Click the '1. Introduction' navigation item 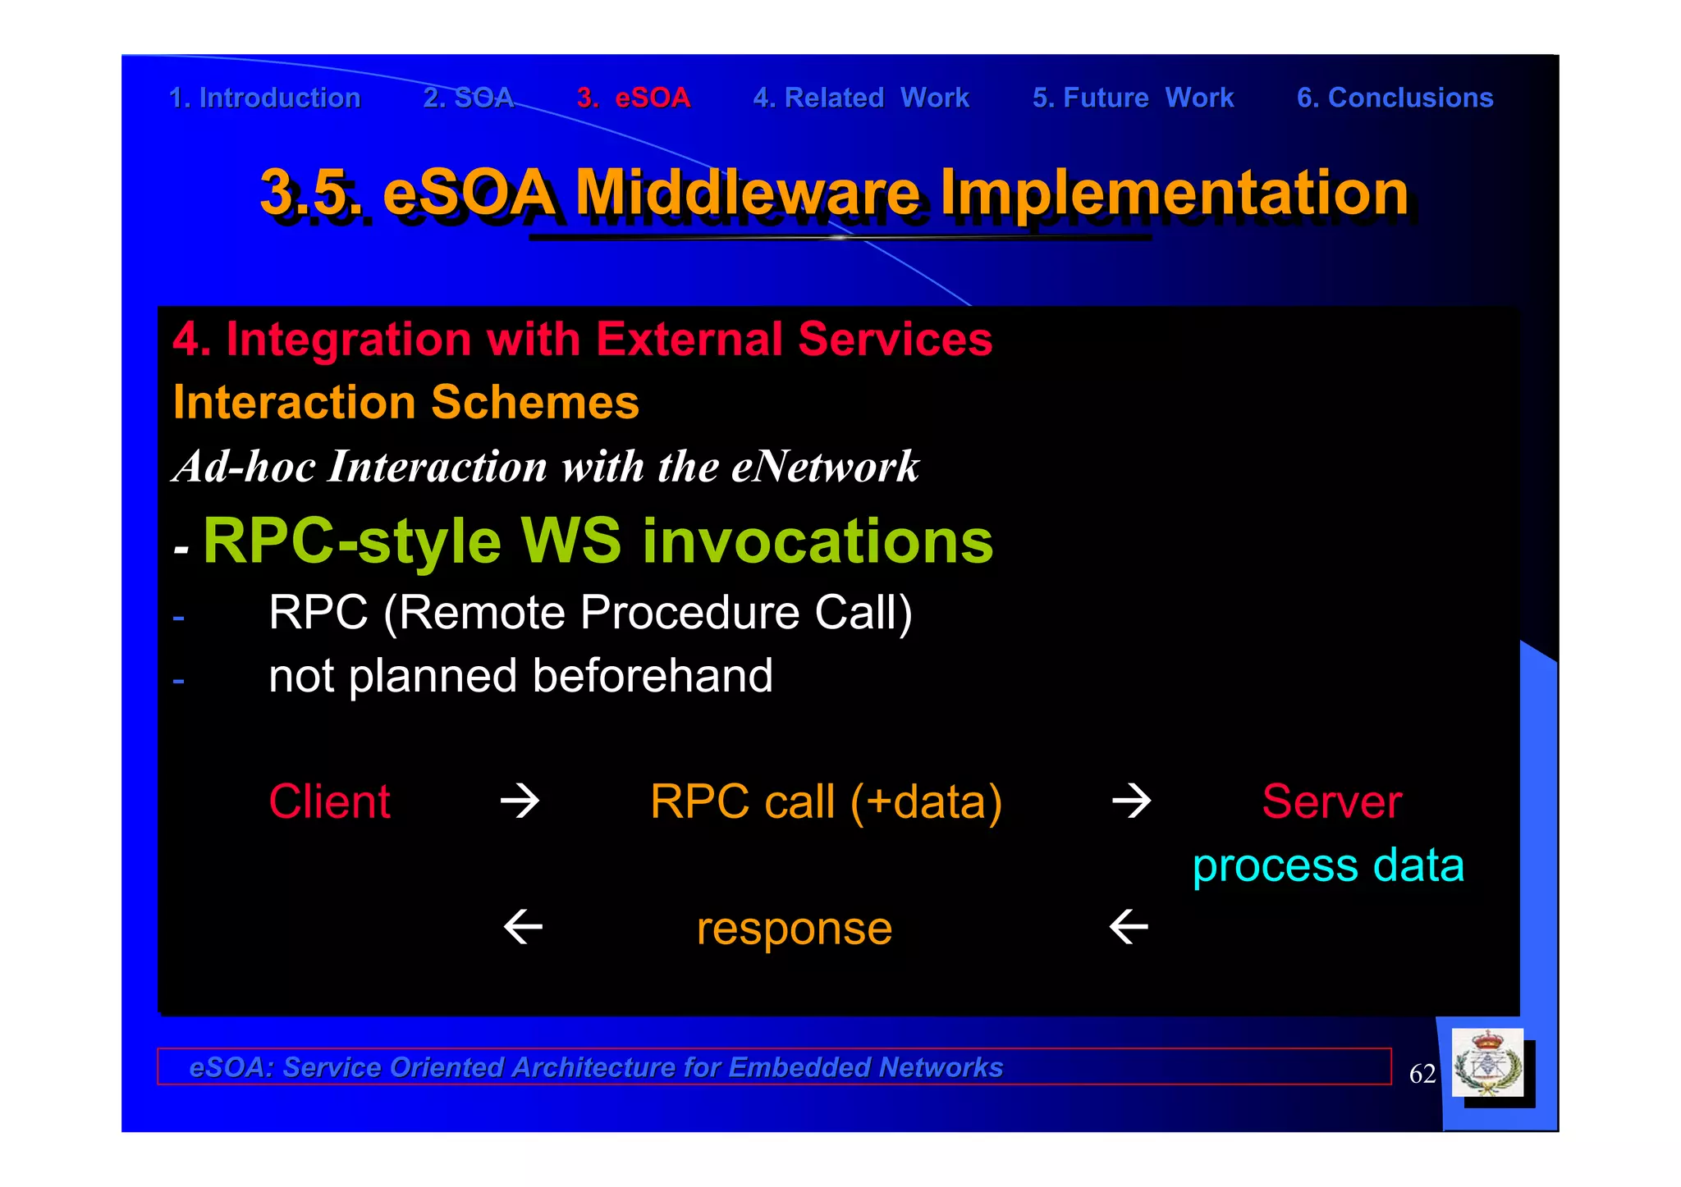click(264, 98)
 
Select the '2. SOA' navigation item click(468, 98)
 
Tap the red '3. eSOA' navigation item click(633, 98)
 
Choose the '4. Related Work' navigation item click(861, 98)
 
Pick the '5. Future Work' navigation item click(1133, 98)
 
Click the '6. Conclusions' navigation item click(1395, 98)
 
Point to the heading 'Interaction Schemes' click(405, 403)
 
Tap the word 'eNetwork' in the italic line click(824, 467)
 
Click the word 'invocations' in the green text click(817, 541)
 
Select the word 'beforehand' click(652, 676)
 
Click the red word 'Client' click(329, 801)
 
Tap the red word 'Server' click(1331, 801)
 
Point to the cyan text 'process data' click(1327, 865)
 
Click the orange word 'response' click(794, 929)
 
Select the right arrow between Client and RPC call click(520, 801)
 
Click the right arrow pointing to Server click(1131, 801)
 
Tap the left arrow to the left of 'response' click(523, 928)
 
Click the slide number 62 click(1422, 1074)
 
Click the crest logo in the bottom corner click(1487, 1064)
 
